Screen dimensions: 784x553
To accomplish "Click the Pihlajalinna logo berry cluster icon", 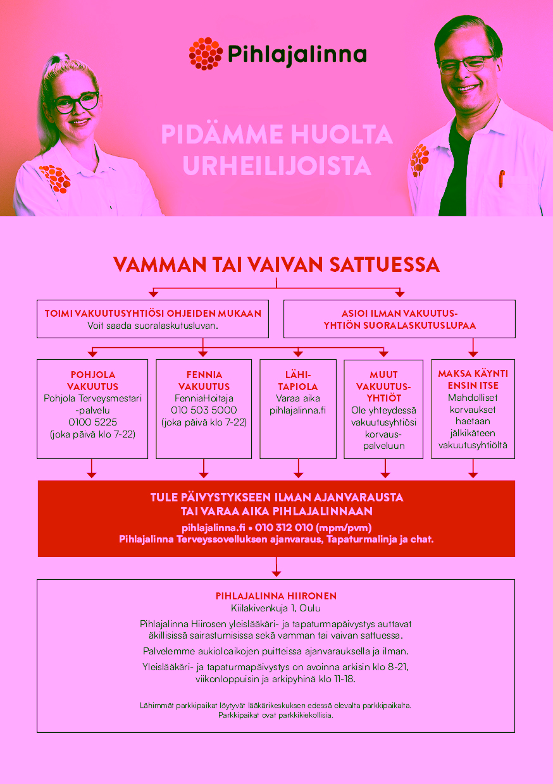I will pos(206,53).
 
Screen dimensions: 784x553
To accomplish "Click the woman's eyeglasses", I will pos(76,102).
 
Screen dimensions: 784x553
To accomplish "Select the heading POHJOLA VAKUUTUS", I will pos(92,380).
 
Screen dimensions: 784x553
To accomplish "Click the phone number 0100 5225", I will pos(92,422).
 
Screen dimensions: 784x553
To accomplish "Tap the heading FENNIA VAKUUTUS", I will pos(204,380).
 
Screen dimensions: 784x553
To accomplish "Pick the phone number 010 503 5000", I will pos(204,410).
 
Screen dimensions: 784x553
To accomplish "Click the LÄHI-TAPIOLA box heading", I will pos(298,380).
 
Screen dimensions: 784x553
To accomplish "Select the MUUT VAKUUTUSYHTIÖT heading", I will pos(384,386).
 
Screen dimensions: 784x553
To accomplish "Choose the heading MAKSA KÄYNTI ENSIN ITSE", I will pos(473,379).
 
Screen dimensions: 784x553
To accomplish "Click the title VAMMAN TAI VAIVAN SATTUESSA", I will pos(276,264).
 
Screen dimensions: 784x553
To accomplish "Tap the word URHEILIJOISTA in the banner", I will pos(276,165).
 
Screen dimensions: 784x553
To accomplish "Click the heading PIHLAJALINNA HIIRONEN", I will pos(276,596).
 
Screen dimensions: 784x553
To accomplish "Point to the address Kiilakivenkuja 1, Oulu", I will pos(276,608).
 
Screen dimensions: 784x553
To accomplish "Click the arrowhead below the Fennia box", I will pos(204,474).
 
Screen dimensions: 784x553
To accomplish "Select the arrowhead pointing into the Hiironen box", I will pos(276,573).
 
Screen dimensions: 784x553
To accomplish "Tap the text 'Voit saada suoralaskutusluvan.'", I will pos(153,326).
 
